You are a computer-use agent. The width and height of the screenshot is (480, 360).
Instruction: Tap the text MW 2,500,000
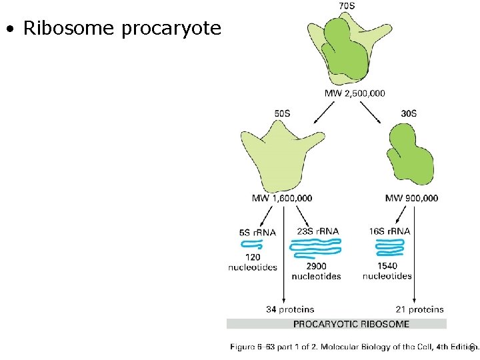click(x=354, y=93)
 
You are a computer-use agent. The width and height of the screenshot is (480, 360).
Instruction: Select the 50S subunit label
click(x=282, y=113)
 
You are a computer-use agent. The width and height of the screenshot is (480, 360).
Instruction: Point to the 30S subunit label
click(x=409, y=113)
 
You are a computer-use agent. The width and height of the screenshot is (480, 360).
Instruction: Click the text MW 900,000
click(x=411, y=198)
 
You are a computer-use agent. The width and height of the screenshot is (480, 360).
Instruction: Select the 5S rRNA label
click(x=257, y=233)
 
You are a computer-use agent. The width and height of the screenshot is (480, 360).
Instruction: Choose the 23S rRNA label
click(x=317, y=231)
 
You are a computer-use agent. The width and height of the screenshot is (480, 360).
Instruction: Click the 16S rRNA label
click(x=389, y=231)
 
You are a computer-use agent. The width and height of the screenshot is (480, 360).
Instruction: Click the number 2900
click(x=316, y=266)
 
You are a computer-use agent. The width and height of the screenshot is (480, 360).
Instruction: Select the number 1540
click(x=387, y=266)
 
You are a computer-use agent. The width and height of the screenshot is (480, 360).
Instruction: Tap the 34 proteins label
click(x=290, y=309)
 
